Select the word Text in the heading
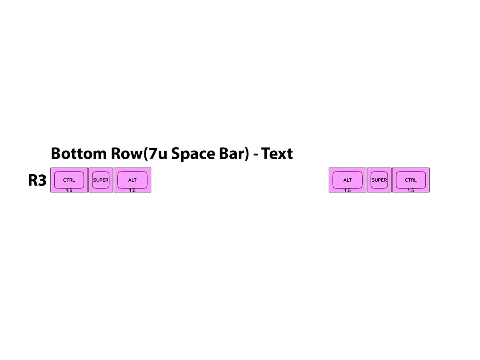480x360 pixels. coord(277,153)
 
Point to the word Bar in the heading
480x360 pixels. coord(232,153)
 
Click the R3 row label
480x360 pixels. coord(37,180)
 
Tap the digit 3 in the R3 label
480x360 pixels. coord(42,180)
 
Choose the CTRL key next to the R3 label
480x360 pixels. coord(69,180)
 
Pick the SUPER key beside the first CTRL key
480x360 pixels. coord(101,180)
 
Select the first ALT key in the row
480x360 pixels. coord(132,180)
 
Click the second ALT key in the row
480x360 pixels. coord(348,180)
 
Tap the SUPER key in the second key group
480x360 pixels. coord(379,180)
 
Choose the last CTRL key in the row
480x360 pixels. coord(411,180)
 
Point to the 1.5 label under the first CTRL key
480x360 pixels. coord(69,190)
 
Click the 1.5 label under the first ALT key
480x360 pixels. coord(132,190)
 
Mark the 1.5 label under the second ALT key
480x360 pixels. coord(348,190)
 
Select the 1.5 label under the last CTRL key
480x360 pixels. coord(411,190)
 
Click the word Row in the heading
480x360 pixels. coord(126,153)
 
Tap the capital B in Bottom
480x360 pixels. coord(56,153)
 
